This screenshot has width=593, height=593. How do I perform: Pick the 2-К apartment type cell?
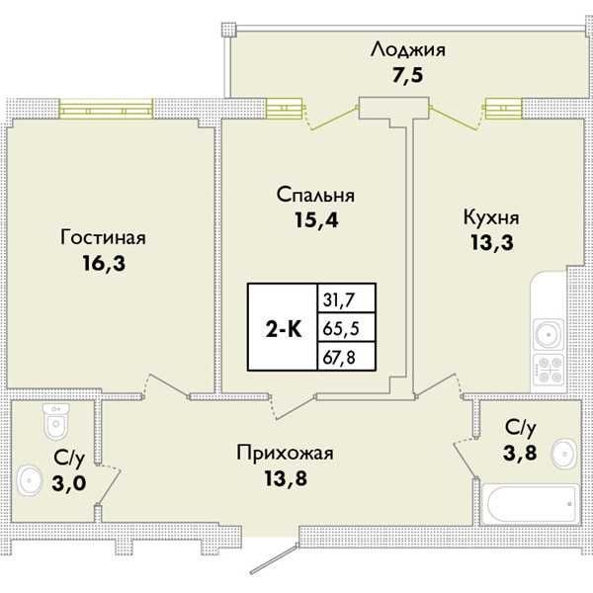coord(282,328)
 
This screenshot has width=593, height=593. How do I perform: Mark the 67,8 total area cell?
coord(338,356)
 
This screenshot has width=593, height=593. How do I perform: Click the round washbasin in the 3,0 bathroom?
coord(30,483)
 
